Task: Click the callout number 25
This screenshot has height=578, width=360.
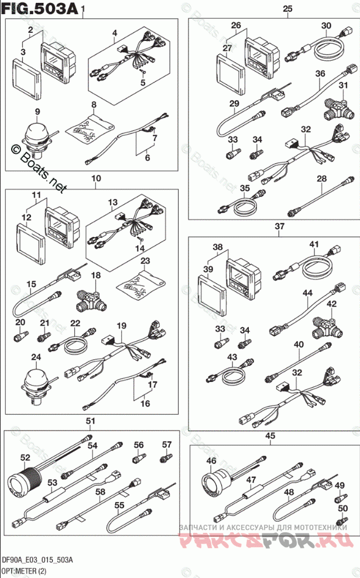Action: (x=287, y=8)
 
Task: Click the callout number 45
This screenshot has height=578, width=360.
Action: (x=270, y=435)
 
